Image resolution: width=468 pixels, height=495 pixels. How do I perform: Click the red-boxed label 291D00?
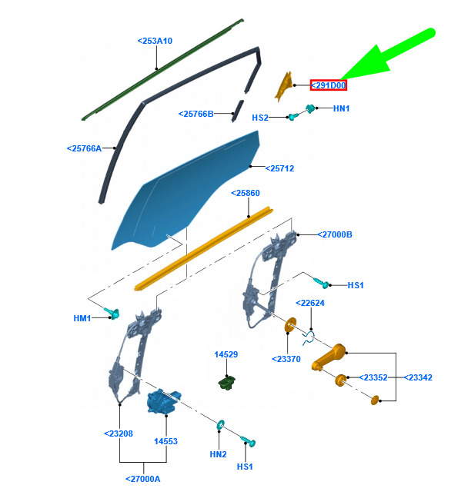pyautogui.click(x=328, y=85)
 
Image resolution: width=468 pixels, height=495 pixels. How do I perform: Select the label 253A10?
pyautogui.click(x=155, y=41)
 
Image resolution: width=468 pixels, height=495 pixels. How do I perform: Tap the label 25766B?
pyautogui.click(x=196, y=114)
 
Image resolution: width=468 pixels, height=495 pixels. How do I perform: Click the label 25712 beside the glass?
pyautogui.click(x=279, y=168)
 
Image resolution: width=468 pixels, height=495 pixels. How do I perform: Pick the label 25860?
pyautogui.click(x=246, y=193)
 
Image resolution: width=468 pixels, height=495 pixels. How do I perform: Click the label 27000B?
pyautogui.click(x=335, y=234)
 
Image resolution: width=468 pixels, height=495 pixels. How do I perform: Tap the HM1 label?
pyautogui.click(x=82, y=318)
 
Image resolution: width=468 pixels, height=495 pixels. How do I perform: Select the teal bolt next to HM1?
pyautogui.click(x=112, y=313)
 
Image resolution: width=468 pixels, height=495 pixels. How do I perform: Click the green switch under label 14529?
pyautogui.click(x=227, y=383)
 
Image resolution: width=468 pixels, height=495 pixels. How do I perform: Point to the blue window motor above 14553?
pyautogui.click(x=163, y=401)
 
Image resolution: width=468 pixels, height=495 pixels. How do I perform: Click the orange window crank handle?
pyautogui.click(x=329, y=357)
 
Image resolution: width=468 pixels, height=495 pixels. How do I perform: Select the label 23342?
pyautogui.click(x=418, y=377)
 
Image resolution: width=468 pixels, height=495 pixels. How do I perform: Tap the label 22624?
pyautogui.click(x=310, y=303)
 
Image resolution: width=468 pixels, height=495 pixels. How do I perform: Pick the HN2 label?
pyautogui.click(x=218, y=454)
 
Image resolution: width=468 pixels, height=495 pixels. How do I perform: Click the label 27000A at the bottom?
pyautogui.click(x=143, y=479)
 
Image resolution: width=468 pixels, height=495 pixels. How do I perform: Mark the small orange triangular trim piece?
pyautogui.click(x=283, y=87)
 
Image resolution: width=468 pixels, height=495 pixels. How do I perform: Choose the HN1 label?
pyautogui.click(x=342, y=108)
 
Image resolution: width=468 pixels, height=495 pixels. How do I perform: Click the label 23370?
pyautogui.click(x=286, y=359)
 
